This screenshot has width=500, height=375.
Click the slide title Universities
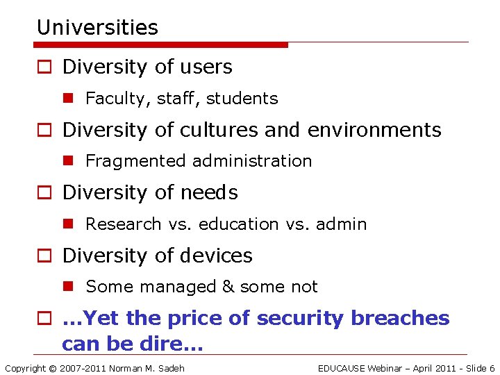coord(97,28)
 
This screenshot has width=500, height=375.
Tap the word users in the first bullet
coord(205,67)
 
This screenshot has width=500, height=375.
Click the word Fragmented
coord(137,161)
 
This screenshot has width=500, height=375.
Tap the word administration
coord(253,161)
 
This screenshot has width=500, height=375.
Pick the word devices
coord(217,256)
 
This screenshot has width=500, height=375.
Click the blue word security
coord(301,318)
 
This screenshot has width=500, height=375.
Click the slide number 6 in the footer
coord(492,368)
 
